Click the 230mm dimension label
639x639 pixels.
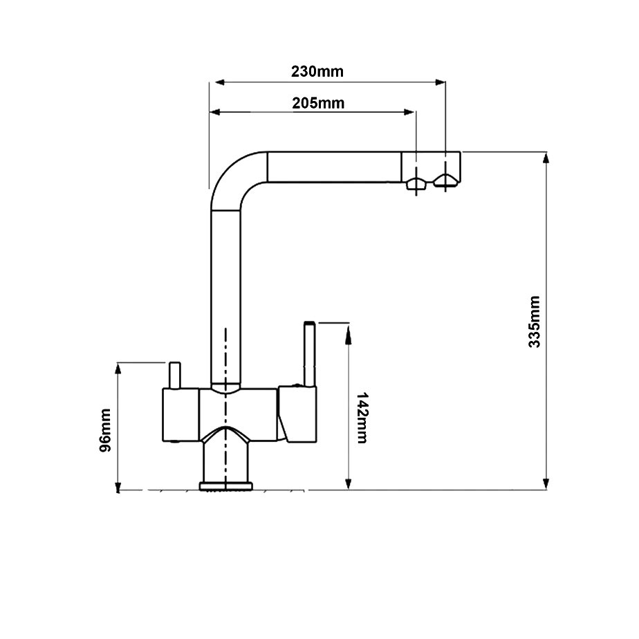317,71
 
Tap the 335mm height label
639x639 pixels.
534,322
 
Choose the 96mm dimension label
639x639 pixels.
105,431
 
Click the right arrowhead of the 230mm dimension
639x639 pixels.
440,83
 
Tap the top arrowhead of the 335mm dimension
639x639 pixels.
546,158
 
